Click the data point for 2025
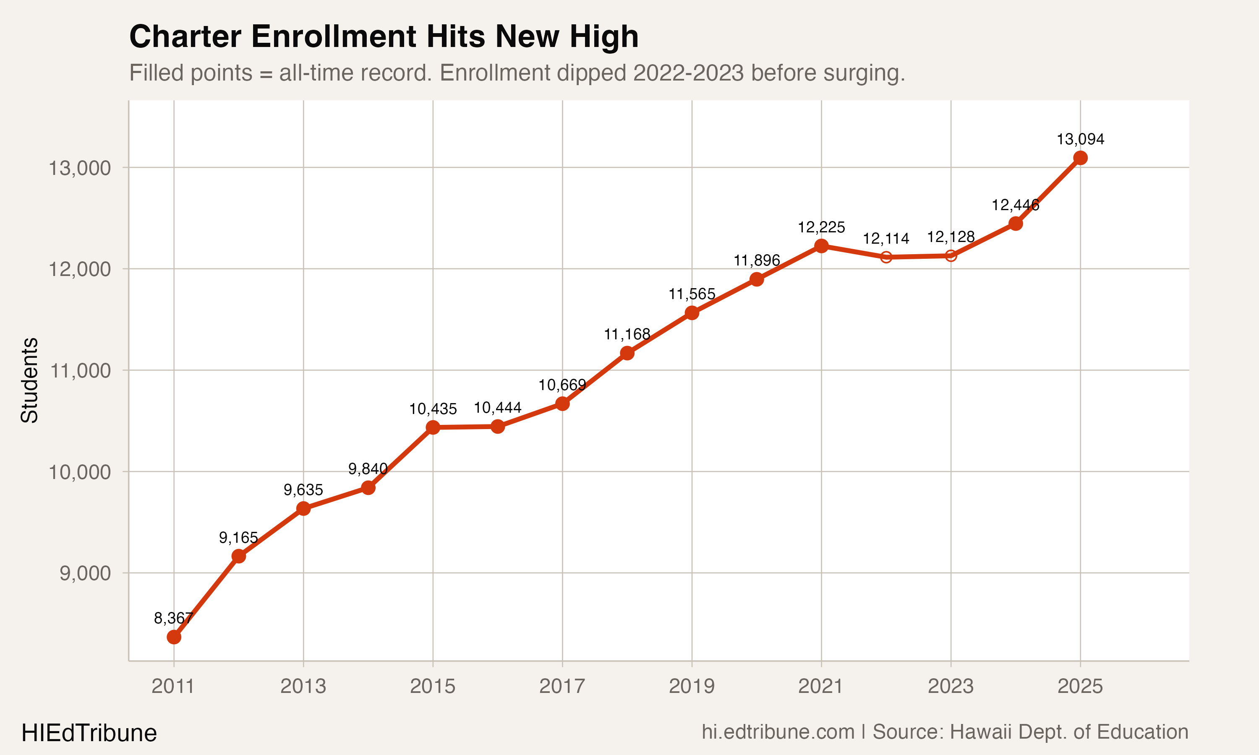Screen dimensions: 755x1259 (1080, 158)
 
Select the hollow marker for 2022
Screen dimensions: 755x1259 (886, 257)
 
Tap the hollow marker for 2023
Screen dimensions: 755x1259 (951, 255)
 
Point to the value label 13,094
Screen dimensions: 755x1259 (1080, 139)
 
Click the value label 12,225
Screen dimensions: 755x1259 (821, 227)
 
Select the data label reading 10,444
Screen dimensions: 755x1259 (497, 408)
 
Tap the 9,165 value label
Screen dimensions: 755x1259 (238, 537)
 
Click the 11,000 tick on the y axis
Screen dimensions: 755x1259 (79, 370)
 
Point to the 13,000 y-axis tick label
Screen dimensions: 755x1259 (79, 167)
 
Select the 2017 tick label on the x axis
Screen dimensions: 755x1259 (562, 686)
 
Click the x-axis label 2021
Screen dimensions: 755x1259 (820, 686)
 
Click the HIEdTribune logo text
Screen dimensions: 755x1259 (89, 733)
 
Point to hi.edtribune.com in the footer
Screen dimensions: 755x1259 (778, 732)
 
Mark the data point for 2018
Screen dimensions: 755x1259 (627, 353)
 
